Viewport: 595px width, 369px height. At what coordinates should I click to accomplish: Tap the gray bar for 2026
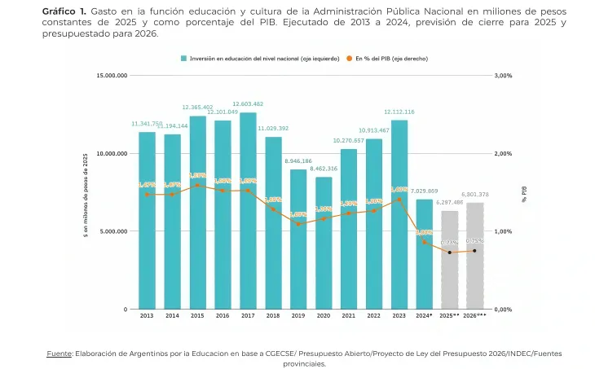[474, 256]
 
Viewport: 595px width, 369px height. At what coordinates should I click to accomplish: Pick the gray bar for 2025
[449, 260]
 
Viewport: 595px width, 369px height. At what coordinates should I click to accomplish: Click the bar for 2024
[424, 254]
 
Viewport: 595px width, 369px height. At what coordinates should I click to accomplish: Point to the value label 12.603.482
[248, 103]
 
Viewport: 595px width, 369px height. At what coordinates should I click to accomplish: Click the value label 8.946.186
[298, 161]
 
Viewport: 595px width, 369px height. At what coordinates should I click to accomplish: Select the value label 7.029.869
[424, 191]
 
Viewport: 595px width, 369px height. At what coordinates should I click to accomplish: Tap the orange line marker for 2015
[197, 185]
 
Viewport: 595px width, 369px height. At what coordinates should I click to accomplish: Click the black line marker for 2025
[449, 252]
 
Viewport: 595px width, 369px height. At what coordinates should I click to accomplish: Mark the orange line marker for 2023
[399, 200]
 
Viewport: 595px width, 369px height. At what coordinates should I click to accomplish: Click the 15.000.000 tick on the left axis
[112, 75]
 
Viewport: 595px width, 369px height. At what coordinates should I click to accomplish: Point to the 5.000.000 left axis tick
[113, 231]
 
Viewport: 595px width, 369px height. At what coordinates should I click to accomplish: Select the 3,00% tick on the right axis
[503, 75]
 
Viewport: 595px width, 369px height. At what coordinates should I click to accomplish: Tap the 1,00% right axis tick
[503, 231]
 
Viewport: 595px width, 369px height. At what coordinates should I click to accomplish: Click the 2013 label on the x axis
[147, 315]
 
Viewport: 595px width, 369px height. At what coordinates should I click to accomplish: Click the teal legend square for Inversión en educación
[184, 59]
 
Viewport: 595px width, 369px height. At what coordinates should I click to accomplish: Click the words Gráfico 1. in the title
[64, 11]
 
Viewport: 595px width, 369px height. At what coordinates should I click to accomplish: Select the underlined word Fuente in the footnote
[59, 353]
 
